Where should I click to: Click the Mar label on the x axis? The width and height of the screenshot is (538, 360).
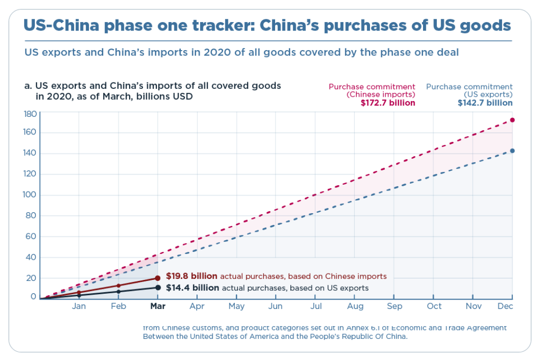158,306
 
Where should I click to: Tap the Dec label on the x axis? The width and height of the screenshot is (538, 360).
505,306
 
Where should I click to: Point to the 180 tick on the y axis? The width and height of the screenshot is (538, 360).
30,114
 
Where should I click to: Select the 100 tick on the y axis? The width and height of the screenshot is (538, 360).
30,195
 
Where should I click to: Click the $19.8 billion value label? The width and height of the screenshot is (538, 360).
192,276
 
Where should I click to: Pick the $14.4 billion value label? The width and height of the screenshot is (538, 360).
193,288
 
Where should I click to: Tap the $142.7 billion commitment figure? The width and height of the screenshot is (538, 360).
485,103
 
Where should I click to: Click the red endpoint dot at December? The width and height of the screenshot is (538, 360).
512,120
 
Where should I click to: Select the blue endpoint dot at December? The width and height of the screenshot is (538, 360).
512,151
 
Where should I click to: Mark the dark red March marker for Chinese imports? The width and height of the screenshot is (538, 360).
158,278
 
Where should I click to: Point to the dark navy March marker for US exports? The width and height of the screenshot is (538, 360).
158,287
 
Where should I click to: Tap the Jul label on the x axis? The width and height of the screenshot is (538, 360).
316,306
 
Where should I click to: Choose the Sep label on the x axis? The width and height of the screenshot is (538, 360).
395,306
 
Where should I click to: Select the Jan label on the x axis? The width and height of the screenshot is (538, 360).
79,306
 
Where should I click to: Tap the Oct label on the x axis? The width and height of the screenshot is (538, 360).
434,306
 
